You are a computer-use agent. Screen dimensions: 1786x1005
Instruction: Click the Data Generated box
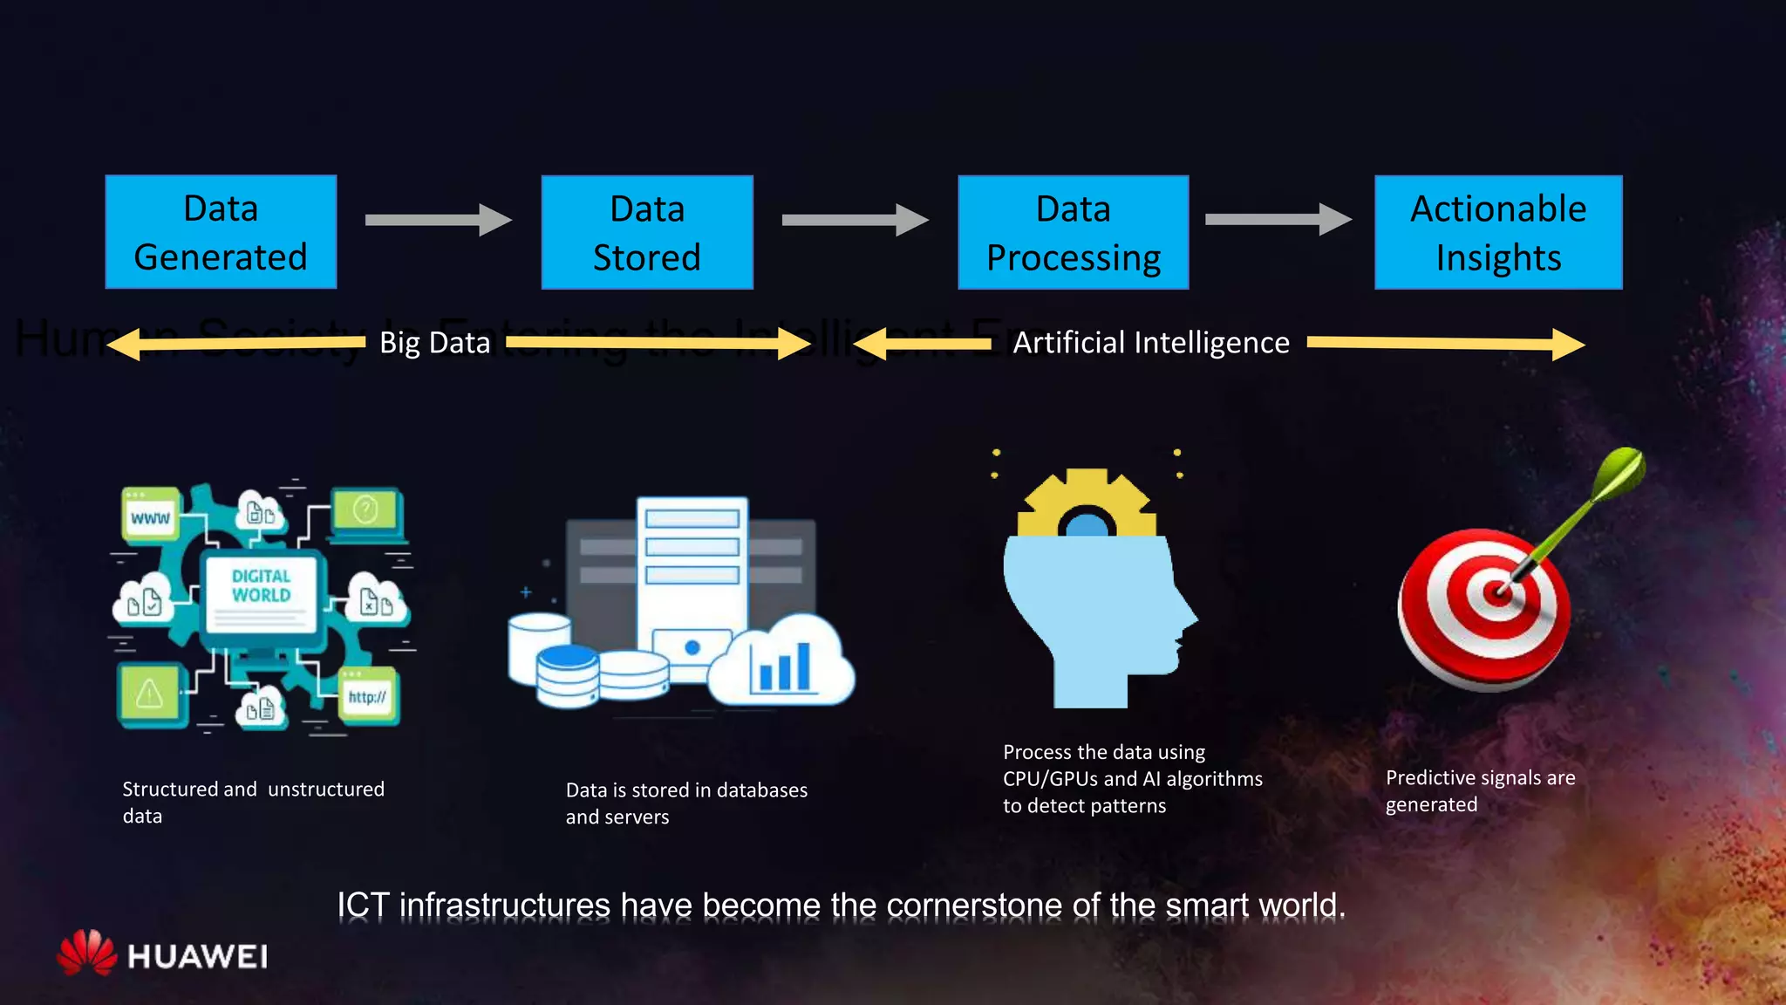point(221,232)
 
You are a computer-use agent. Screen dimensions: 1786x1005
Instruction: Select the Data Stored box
point(647,232)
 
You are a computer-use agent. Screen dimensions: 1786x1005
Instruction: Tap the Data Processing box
point(1073,232)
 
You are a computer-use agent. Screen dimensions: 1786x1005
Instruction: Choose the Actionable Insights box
point(1498,232)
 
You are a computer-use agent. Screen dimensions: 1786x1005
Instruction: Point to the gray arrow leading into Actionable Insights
point(1278,219)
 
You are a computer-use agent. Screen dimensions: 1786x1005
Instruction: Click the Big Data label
point(435,343)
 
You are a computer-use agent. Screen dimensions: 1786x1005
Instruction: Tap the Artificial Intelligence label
point(1151,343)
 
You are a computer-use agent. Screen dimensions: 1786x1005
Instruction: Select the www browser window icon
point(150,516)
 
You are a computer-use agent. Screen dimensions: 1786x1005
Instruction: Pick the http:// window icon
point(367,695)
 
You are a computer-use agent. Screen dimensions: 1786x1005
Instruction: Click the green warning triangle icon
point(149,694)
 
